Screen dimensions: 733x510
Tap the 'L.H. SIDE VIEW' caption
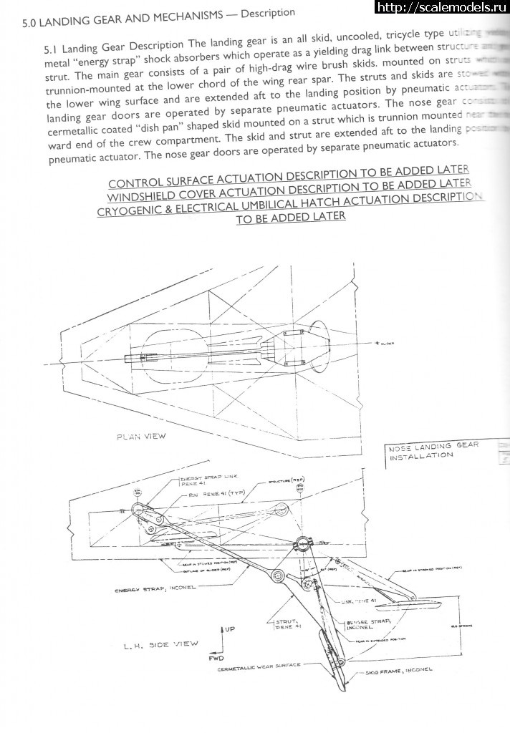161,644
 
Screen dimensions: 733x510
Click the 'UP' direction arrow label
228,629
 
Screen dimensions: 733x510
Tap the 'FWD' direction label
216,656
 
